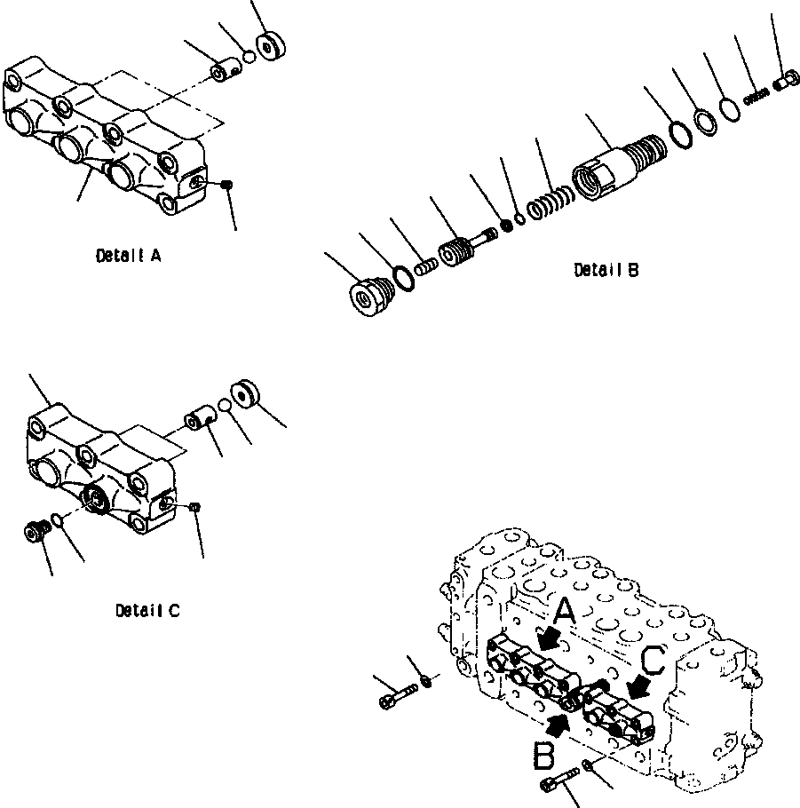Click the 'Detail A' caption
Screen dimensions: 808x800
[128, 256]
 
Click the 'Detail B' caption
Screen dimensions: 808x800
[606, 270]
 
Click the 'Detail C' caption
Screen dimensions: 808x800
[147, 611]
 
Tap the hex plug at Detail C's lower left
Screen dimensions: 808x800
[36, 532]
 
